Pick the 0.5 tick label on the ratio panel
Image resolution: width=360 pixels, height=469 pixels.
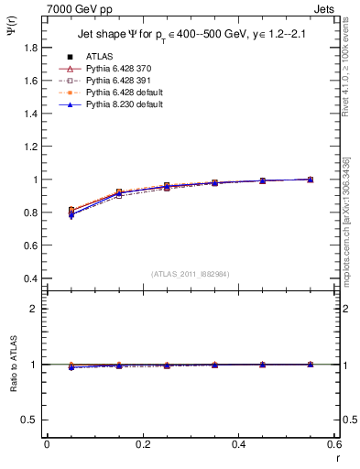(x=33, y=420)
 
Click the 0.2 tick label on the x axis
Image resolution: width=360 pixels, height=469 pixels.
(x=142, y=444)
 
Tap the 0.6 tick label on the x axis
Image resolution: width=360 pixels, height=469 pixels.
(x=334, y=444)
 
